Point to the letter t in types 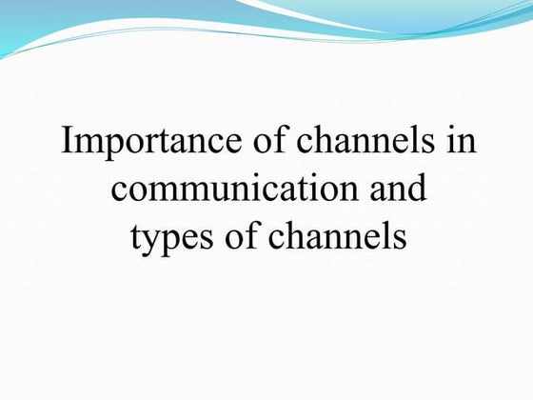tap(134, 236)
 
